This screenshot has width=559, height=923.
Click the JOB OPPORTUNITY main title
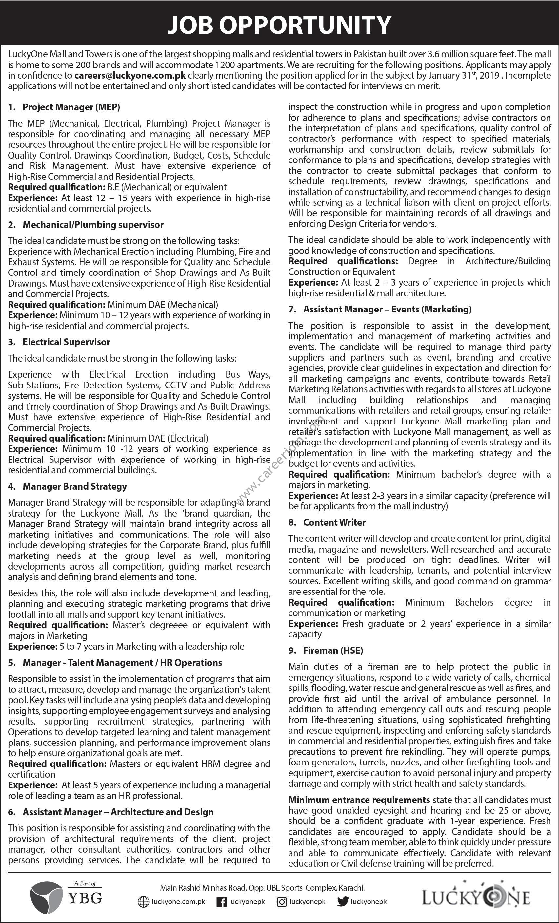279,25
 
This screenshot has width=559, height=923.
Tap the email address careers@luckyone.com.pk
130,75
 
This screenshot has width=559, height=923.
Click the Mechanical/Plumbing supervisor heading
93,225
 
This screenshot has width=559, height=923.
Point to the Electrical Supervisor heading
66,342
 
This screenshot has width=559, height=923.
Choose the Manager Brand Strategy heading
75,486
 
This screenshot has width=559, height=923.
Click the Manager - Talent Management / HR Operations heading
122,663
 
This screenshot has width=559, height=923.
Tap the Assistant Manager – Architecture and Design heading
118,812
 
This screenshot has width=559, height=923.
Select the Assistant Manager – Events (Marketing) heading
387,309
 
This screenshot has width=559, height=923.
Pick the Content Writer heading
334,522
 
